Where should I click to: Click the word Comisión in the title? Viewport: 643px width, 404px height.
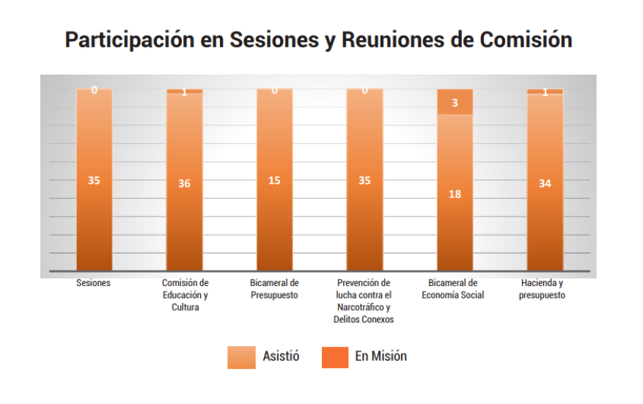tap(526, 40)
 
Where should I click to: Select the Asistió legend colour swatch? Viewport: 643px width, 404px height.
tap(241, 357)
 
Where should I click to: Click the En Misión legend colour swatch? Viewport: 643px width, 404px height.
tap(335, 357)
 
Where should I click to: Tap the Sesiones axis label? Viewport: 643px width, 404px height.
tap(93, 283)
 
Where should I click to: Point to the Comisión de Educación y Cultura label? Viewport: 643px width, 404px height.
tap(185, 295)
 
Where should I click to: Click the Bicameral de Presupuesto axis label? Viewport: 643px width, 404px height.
tap(274, 289)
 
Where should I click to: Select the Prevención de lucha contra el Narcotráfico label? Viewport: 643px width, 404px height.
tap(364, 301)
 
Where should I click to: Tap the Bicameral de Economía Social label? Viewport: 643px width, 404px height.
tap(454, 289)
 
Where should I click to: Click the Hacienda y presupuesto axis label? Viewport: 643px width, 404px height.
tap(543, 289)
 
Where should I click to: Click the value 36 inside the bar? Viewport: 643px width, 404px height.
tap(184, 184)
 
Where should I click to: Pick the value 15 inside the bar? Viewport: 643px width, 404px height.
tap(274, 180)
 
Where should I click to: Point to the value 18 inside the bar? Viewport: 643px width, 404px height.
tap(455, 194)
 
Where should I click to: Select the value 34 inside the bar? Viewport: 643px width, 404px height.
tap(545, 183)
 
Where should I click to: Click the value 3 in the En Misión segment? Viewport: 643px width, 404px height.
tap(455, 103)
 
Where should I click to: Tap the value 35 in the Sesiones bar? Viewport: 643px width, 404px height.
tap(94, 180)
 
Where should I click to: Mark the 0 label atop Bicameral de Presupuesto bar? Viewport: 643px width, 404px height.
tap(274, 90)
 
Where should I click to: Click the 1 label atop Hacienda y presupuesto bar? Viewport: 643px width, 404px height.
tap(545, 92)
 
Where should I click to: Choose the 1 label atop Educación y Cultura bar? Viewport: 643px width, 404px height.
tap(184, 92)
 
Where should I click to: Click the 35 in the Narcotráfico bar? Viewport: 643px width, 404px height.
tap(364, 180)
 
